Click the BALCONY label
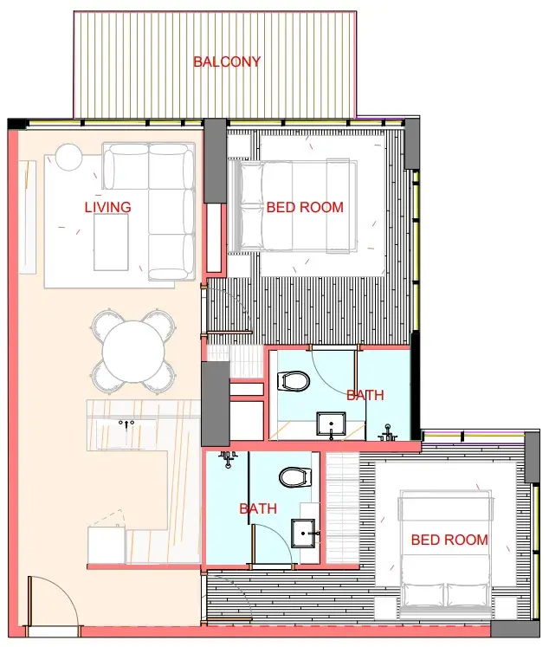[227, 61]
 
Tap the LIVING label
[107, 207]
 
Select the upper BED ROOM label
[305, 207]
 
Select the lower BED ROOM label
[449, 540]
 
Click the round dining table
[133, 352]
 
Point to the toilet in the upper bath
[294, 381]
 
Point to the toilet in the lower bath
[295, 477]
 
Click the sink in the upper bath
[331, 424]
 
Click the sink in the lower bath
[303, 534]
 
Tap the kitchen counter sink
[126, 432]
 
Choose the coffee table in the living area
[111, 243]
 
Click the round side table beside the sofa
[68, 157]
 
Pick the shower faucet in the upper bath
[387, 433]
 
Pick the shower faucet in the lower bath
[228, 459]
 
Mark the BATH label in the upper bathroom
[365, 395]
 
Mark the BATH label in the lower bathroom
[258, 508]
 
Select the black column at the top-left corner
[16, 124]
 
